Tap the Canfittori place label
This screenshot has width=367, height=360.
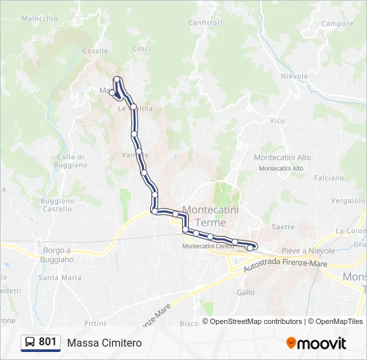pos(205,23)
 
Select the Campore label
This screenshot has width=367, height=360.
pos(337,24)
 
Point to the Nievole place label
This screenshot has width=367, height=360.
pos(294,77)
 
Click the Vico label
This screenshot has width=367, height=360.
pos(276,121)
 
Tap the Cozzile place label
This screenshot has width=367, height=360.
pos(95,51)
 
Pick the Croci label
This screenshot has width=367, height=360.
pos(141,49)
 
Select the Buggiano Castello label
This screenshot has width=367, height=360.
pos(57,205)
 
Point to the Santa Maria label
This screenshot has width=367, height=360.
pos(60,277)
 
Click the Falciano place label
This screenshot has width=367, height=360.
pos(328,178)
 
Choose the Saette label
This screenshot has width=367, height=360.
pos(283,227)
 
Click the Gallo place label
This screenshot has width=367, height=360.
pos(246,292)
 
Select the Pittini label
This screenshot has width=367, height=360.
pos(95,323)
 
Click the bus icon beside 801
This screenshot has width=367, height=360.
pos(31,342)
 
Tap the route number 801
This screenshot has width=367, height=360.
pos(47,342)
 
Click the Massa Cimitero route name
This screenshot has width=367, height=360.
pos(104,343)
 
